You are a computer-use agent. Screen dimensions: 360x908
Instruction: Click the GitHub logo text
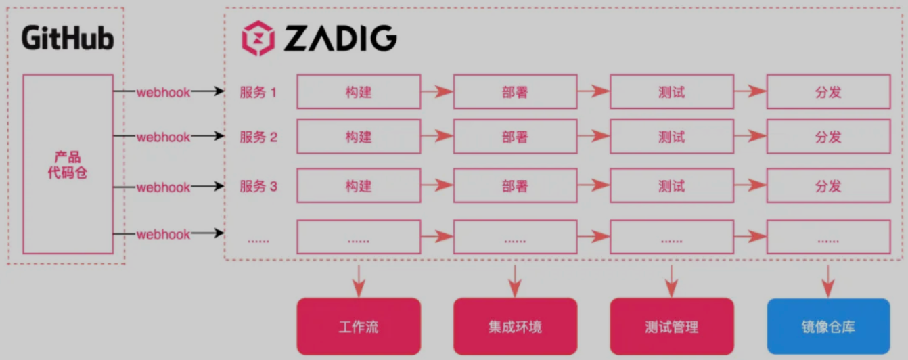click(68, 38)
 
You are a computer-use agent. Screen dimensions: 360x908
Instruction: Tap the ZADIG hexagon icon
click(258, 39)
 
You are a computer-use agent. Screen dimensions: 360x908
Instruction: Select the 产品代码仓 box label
click(68, 165)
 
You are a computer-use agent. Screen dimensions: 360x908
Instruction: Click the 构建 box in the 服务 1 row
click(359, 92)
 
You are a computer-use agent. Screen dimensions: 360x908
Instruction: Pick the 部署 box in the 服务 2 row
click(515, 137)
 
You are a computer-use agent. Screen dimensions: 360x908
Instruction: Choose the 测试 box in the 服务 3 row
click(671, 186)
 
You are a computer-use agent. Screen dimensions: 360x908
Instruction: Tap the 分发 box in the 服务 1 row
click(828, 92)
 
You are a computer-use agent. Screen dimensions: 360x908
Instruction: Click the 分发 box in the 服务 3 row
click(828, 186)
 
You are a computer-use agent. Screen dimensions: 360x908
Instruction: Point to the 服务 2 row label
click(258, 137)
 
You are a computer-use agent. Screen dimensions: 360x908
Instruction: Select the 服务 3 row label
click(258, 186)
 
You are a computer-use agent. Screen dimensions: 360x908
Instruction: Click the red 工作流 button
click(359, 328)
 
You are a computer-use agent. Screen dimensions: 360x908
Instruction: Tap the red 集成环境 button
click(515, 328)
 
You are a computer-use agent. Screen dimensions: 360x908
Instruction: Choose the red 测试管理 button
click(671, 328)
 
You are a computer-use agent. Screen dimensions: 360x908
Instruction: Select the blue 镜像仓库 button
click(828, 328)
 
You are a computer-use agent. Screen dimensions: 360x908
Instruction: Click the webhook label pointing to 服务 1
click(164, 92)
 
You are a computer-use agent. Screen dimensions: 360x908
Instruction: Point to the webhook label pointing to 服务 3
click(164, 187)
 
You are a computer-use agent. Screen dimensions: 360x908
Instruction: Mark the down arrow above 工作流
click(359, 279)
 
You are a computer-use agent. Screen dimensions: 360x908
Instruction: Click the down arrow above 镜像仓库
click(828, 279)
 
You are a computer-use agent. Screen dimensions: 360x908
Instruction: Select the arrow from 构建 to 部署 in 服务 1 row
click(436, 92)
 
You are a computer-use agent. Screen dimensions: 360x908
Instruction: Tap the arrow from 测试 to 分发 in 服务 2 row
click(750, 137)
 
